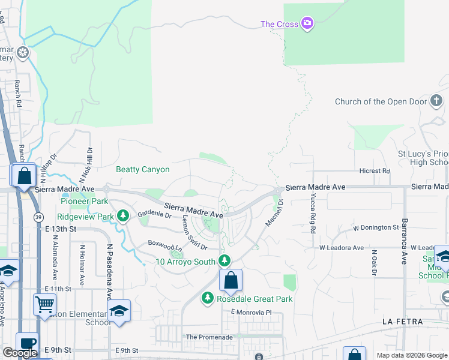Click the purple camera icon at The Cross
tap(307, 23)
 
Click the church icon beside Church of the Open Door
tap(437, 101)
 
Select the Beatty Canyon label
tap(142, 170)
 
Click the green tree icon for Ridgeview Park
tap(123, 215)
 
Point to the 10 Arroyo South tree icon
tap(224, 260)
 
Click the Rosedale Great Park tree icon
tap(207, 298)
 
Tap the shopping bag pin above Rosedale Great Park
tap(231, 280)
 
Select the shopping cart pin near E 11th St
tap(44, 304)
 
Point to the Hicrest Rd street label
tap(375, 171)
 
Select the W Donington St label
tap(375, 228)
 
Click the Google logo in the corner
tap(20, 353)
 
